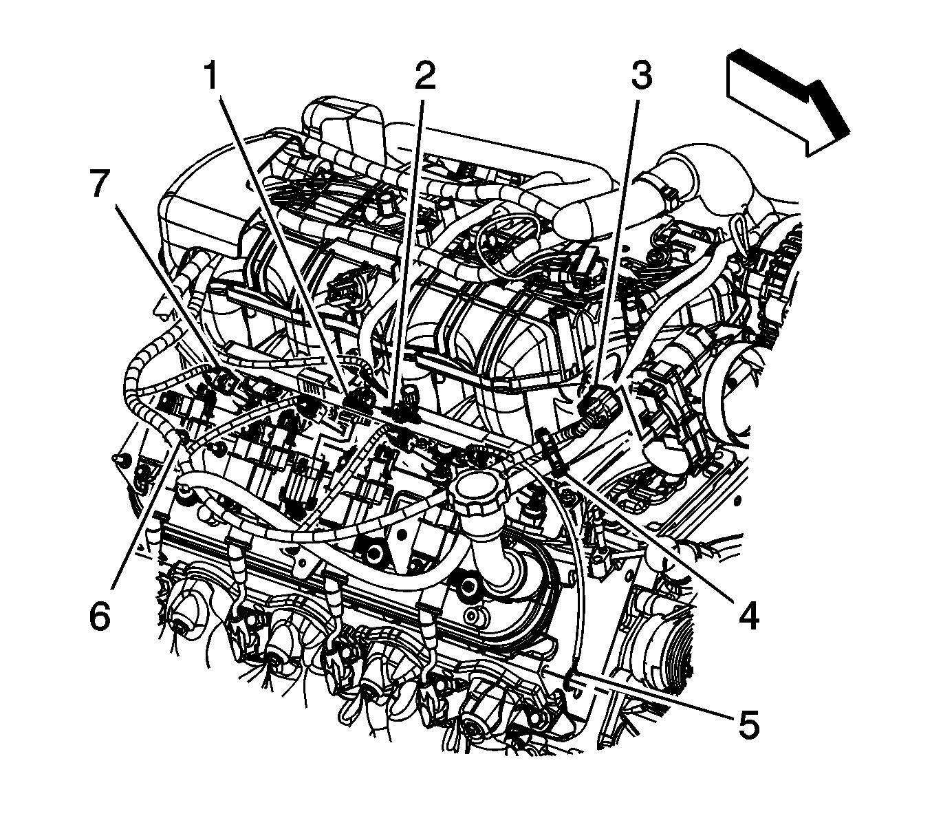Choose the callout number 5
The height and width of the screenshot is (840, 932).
click(748, 724)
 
